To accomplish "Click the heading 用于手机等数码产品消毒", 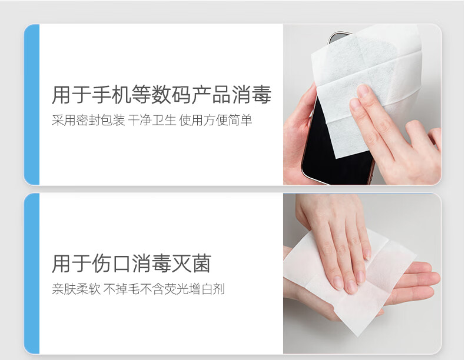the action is point(162,95).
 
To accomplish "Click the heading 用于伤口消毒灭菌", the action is point(131,264).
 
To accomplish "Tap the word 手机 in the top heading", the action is point(111,95).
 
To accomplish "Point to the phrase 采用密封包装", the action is point(88,121).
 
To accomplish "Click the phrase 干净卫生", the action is point(152,121).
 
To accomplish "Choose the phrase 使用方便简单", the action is point(215,121).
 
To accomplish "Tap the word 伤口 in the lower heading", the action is point(111,264).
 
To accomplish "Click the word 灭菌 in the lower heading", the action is point(191,264).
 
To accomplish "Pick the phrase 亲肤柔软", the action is point(76,289).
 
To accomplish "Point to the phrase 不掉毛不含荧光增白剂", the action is point(164,289).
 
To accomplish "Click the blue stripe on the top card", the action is point(31,105).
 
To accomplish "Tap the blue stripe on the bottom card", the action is point(31,274).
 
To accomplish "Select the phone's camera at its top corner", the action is point(338,37).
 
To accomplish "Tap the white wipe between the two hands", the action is point(350,285).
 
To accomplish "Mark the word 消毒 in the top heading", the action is point(252,95).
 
